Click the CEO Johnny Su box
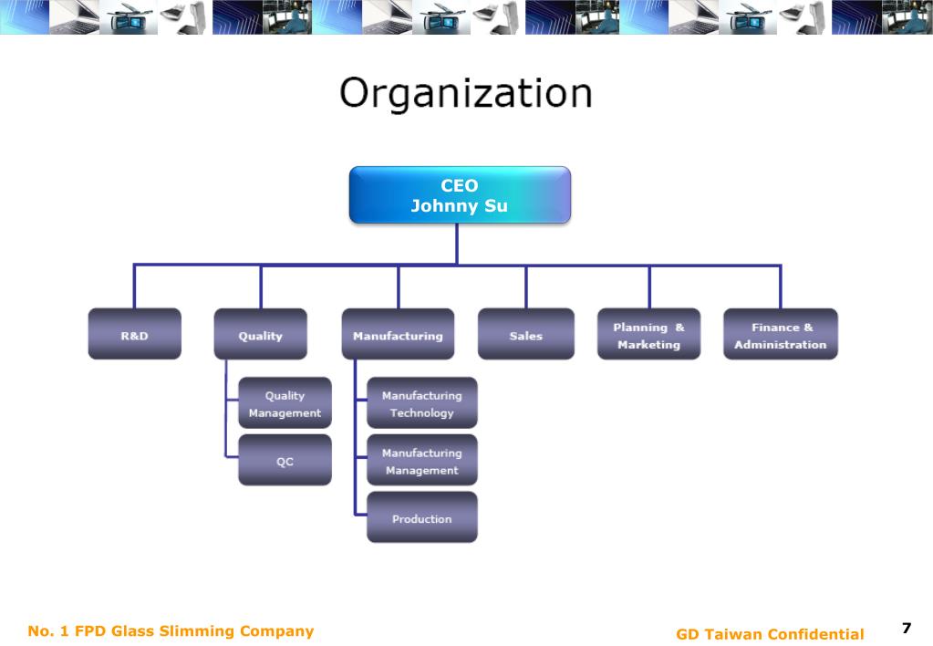tap(460, 194)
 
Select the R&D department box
tap(134, 334)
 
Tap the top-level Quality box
tap(260, 334)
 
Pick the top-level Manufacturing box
tap(398, 334)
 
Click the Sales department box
tap(525, 334)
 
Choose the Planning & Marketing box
tap(648, 334)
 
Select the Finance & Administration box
tap(780, 334)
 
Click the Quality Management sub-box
tap(285, 403)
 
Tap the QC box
tap(285, 460)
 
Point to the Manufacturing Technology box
tap(421, 403)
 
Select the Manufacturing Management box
tap(421, 460)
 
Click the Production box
tap(421, 517)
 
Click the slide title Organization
tap(466, 94)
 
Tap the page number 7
tap(907, 628)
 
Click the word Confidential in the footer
tap(816, 634)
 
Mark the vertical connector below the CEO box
tap(457, 244)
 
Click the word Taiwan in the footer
tap(737, 634)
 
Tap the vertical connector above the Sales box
tap(525, 287)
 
